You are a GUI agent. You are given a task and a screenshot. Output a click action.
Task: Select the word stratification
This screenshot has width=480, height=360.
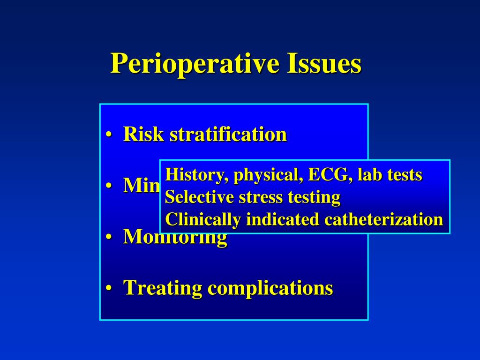[x=228, y=135]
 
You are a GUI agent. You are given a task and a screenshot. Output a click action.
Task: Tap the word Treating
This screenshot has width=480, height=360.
[x=162, y=288]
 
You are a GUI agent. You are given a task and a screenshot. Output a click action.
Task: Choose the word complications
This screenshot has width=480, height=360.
[x=270, y=288]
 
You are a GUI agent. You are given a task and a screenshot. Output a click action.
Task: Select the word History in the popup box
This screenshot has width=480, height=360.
[x=197, y=175]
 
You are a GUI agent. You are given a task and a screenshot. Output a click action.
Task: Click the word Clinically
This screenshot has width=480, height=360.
[x=203, y=219]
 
